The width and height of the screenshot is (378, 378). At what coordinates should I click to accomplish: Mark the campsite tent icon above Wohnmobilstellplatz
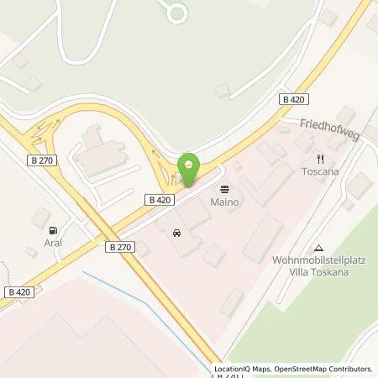[x=318, y=248]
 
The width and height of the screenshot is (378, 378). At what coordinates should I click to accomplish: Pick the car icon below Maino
[x=176, y=232]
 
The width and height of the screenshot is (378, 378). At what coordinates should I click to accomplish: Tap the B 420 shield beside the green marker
[x=160, y=200]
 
